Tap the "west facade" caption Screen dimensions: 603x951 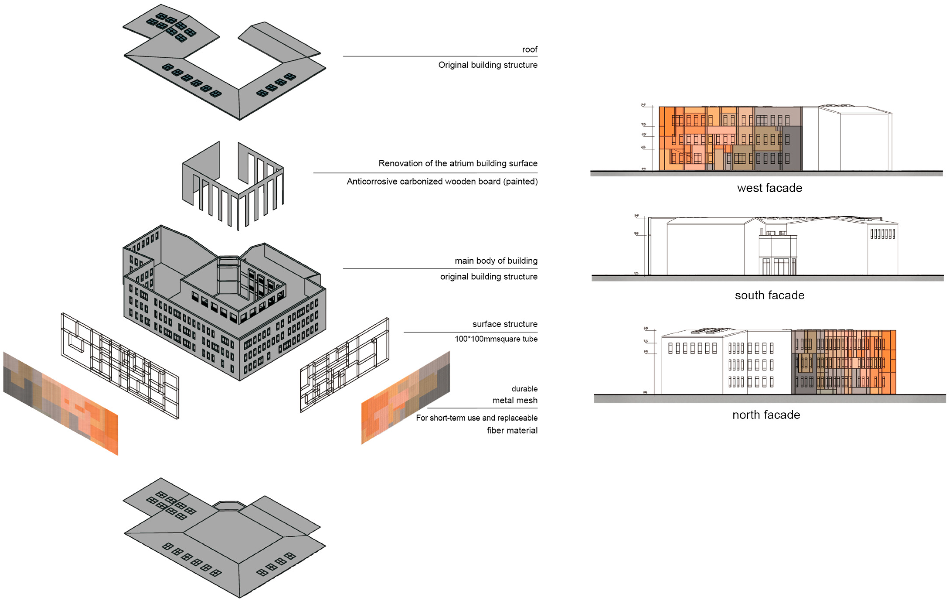[x=769, y=188]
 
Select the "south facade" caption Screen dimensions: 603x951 [x=769, y=295]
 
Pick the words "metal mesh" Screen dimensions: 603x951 [x=515, y=400]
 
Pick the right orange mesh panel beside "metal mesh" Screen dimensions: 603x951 [x=405, y=397]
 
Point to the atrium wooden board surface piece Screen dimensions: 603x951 [x=233, y=186]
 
